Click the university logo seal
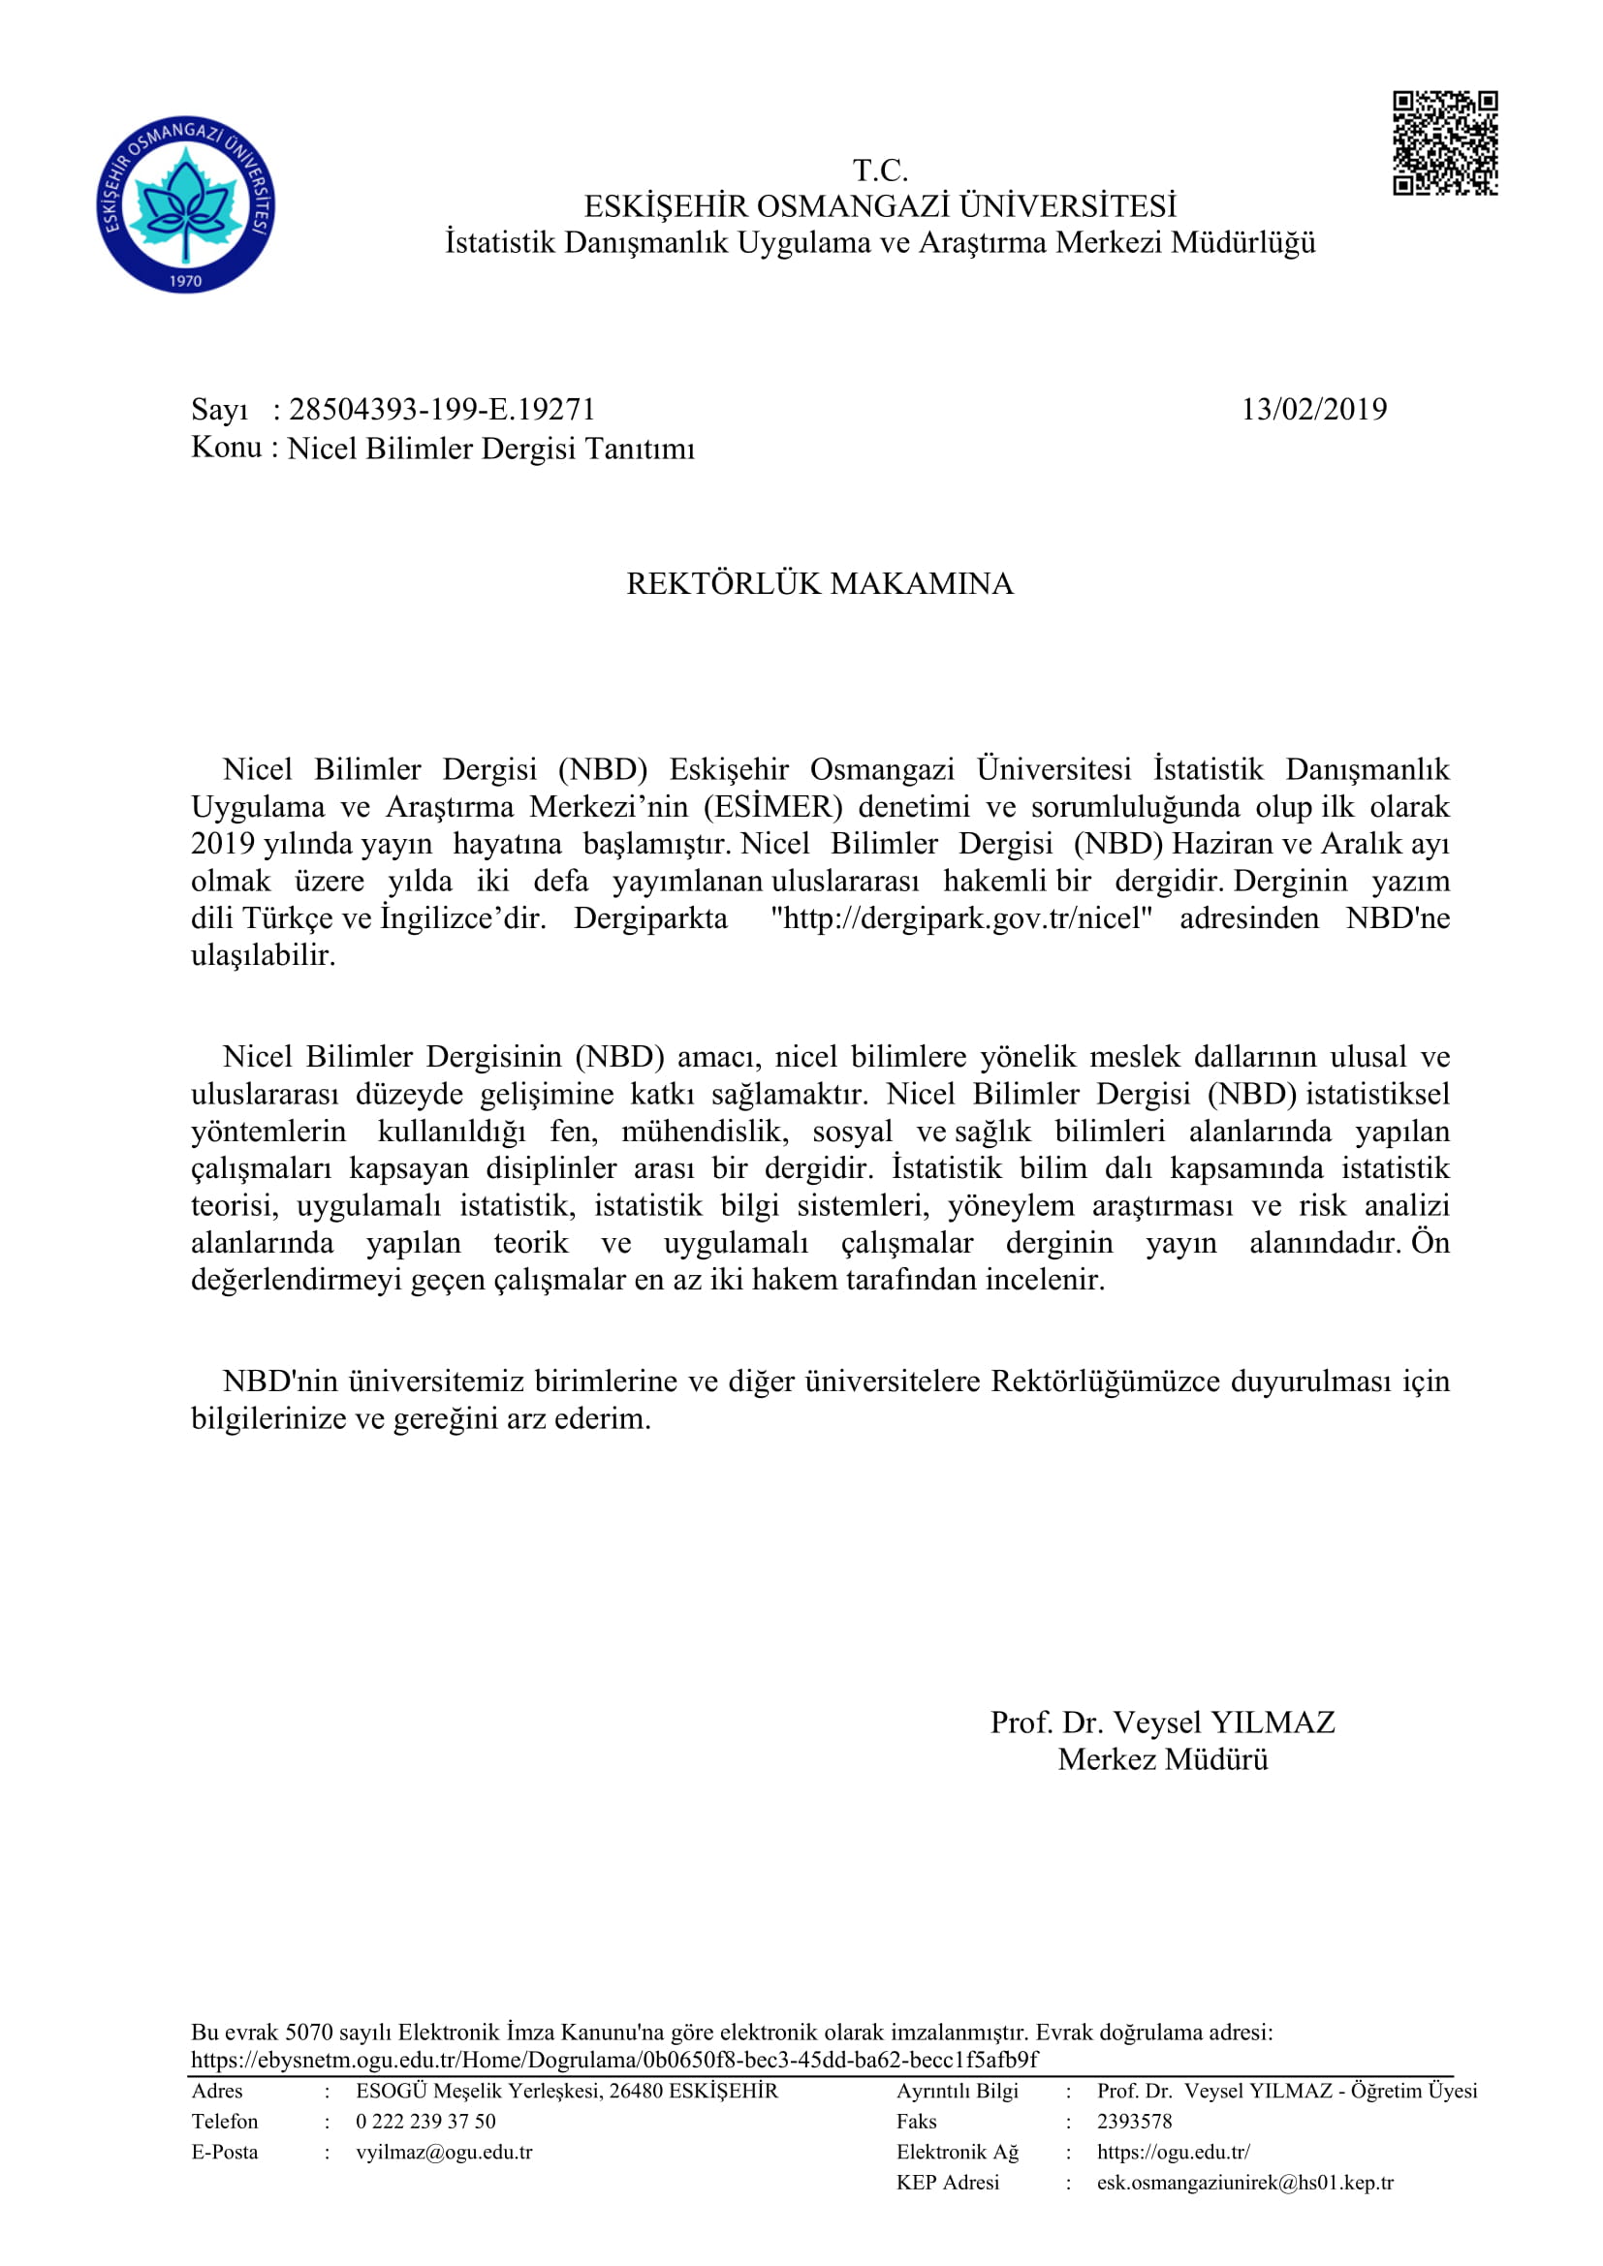185,205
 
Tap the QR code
1445,143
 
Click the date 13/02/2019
1314,410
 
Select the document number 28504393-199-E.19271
442,410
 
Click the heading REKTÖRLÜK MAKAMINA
819,583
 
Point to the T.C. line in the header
880,171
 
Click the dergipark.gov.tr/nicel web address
961,918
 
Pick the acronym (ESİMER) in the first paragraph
772,807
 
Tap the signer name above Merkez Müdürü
1163,1723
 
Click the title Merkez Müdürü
1163,1759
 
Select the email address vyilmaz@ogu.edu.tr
444,2153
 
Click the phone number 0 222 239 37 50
426,2122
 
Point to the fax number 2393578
1134,2122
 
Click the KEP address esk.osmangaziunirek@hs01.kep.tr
1244,2183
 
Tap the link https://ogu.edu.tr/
1173,2153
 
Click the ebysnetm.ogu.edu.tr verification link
613,2061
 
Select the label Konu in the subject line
226,449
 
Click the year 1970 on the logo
185,280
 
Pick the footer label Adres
217,2092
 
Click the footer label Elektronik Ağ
957,2153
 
